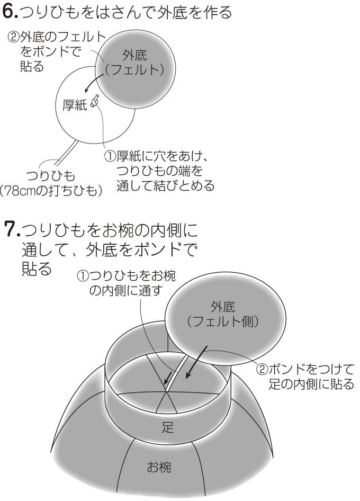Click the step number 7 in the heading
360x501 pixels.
coord(10,229)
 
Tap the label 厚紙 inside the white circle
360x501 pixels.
coord(75,105)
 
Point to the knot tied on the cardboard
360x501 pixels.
coord(95,101)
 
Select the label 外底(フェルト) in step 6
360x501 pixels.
coord(134,62)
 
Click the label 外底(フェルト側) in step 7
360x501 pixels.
coord(223,314)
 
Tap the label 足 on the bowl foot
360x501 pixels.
coord(168,427)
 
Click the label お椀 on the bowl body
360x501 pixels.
coord(159,467)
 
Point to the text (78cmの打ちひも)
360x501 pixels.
coord(51,191)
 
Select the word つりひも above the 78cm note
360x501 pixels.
coord(51,176)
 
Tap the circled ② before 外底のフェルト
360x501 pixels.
coord(13,38)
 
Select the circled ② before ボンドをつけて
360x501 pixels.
coord(262,369)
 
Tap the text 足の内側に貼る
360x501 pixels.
coord(311,384)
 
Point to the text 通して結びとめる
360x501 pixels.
coord(165,186)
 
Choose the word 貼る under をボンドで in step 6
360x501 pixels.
coord(32,66)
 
